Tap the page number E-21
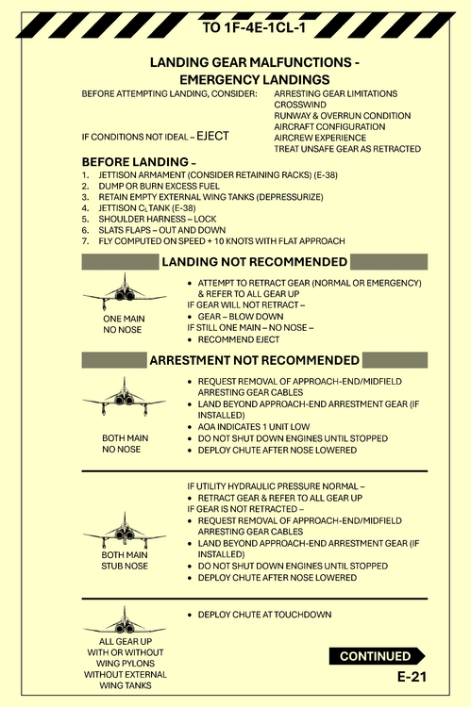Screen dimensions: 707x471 coord(412,677)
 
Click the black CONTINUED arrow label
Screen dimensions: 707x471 coord(376,656)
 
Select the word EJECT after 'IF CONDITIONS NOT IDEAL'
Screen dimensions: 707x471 coord(212,136)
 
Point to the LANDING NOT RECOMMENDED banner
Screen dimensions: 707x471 coord(254,261)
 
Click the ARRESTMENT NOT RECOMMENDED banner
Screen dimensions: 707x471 coord(254,360)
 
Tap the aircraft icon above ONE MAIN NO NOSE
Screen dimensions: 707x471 coord(125,290)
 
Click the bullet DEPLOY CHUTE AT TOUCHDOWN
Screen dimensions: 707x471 coord(264,615)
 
